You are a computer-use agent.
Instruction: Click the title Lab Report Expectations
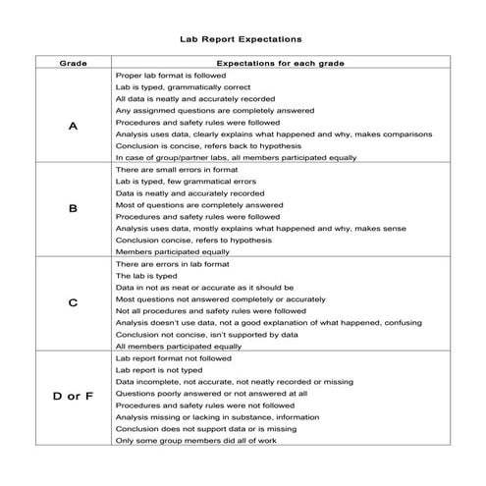[x=242, y=41]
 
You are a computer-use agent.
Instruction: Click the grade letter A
[x=74, y=128]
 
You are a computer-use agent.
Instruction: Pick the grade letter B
[x=74, y=209]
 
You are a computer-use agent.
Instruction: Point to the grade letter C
[x=74, y=303]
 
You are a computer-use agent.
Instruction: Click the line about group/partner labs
[x=235, y=157]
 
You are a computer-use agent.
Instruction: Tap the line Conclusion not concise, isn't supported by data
[x=206, y=334]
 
